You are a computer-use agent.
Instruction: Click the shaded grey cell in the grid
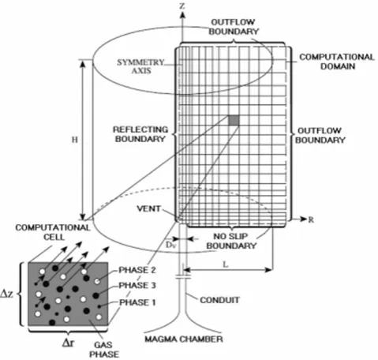click(x=234, y=120)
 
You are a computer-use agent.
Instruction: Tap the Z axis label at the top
click(x=182, y=6)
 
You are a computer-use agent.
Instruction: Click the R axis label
click(x=311, y=219)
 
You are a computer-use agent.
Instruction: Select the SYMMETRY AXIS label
click(x=140, y=66)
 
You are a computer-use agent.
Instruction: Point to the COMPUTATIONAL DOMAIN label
click(x=337, y=62)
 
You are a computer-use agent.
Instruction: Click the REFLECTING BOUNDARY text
click(x=140, y=134)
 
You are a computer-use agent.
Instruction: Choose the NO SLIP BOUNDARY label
click(x=231, y=241)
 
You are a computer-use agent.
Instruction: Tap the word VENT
click(x=148, y=208)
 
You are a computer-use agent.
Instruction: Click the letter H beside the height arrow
click(x=75, y=140)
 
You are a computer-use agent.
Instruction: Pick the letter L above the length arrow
click(x=226, y=264)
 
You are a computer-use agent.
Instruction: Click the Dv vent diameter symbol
click(x=170, y=245)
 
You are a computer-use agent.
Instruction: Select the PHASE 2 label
click(x=137, y=270)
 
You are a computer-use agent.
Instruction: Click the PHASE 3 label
click(x=137, y=285)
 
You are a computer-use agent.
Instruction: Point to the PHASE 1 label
click(x=137, y=302)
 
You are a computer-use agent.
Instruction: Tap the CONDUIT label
click(x=219, y=300)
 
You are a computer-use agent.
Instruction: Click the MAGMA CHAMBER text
click(x=184, y=339)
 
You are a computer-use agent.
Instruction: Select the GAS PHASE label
click(x=104, y=349)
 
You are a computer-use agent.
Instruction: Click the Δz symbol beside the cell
click(x=7, y=294)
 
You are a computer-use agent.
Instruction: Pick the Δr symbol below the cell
click(x=69, y=343)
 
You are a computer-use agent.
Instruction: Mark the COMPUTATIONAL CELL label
click(x=53, y=232)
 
